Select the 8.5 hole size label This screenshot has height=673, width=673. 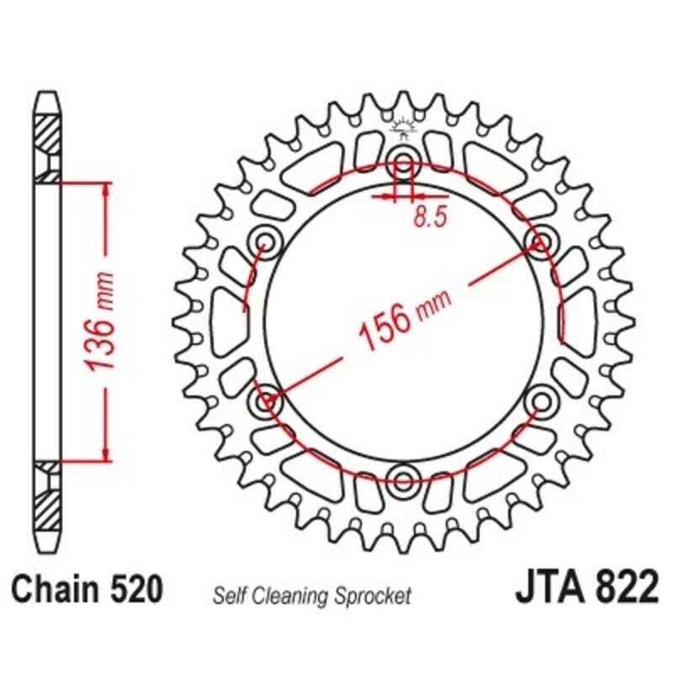tap(429, 217)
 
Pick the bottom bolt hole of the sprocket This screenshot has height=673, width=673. tap(404, 480)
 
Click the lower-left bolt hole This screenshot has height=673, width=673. tap(267, 400)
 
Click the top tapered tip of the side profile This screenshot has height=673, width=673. tap(47, 97)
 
